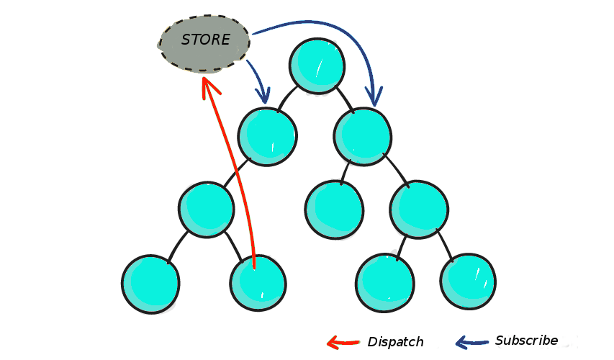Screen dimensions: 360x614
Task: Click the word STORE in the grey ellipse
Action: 206,40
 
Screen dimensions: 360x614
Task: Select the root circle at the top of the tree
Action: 317,66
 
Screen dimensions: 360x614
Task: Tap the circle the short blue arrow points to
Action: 267,137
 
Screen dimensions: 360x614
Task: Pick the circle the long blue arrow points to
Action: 363,137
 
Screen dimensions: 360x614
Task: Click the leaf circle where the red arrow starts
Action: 258,283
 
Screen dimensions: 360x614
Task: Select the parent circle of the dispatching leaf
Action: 207,210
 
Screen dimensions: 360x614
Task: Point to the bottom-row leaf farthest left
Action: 150,284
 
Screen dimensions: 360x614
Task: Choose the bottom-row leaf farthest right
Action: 468,282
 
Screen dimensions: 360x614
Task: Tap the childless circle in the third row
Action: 334,210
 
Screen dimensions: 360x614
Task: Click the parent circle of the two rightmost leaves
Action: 419,210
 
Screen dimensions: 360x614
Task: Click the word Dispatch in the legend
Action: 395,342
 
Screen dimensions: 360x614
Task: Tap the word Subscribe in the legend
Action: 526,341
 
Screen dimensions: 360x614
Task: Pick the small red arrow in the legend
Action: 343,343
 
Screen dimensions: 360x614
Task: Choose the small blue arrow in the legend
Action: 471,342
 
